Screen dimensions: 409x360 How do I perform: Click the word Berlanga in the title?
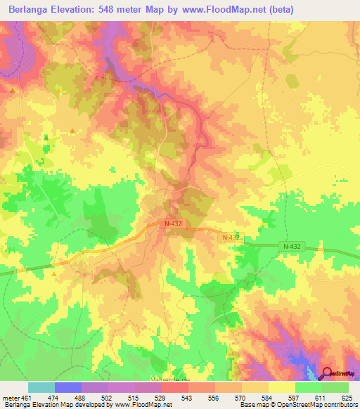(x=30, y=9)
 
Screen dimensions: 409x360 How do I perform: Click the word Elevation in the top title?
(x=79, y=9)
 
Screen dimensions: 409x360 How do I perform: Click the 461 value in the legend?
(x=25, y=397)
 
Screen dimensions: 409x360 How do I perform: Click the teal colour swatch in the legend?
(x=41, y=387)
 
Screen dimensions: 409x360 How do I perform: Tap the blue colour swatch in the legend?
(x=68, y=387)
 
